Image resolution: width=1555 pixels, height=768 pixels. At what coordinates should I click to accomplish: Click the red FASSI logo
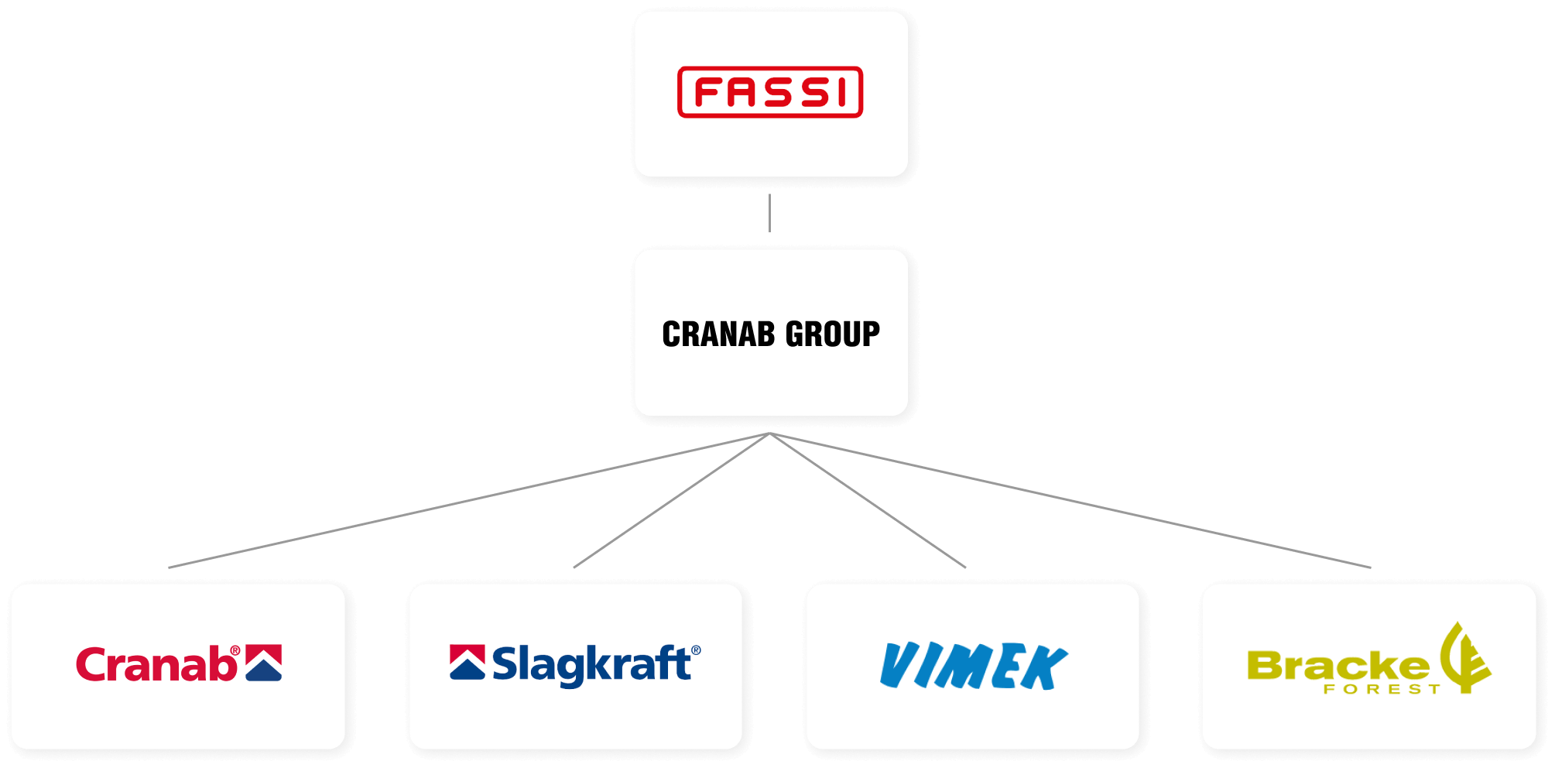[770, 92]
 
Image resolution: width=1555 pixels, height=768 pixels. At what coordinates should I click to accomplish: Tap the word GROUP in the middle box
[833, 334]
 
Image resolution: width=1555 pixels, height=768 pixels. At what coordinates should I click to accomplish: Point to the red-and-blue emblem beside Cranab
[264, 663]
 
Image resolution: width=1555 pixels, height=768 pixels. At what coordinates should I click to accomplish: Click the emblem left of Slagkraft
[468, 662]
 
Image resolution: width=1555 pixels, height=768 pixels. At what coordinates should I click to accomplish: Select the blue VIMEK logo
[974, 666]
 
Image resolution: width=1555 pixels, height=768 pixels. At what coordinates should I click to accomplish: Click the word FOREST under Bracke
[1382, 689]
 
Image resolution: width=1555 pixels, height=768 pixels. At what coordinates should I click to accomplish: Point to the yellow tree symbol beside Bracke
[1465, 657]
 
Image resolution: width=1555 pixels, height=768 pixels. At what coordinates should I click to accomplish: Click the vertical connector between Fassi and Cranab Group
[769, 213]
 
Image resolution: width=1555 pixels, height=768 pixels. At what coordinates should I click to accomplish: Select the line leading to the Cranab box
[469, 500]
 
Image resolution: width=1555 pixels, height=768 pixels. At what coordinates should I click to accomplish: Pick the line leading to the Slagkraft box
[672, 500]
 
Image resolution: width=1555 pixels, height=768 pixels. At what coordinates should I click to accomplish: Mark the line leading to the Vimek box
[868, 500]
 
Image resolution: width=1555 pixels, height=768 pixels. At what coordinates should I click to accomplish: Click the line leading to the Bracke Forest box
[1070, 500]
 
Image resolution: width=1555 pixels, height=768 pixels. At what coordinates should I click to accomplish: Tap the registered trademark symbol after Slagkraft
[697, 650]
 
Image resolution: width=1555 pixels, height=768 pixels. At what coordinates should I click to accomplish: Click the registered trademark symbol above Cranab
[235, 651]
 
